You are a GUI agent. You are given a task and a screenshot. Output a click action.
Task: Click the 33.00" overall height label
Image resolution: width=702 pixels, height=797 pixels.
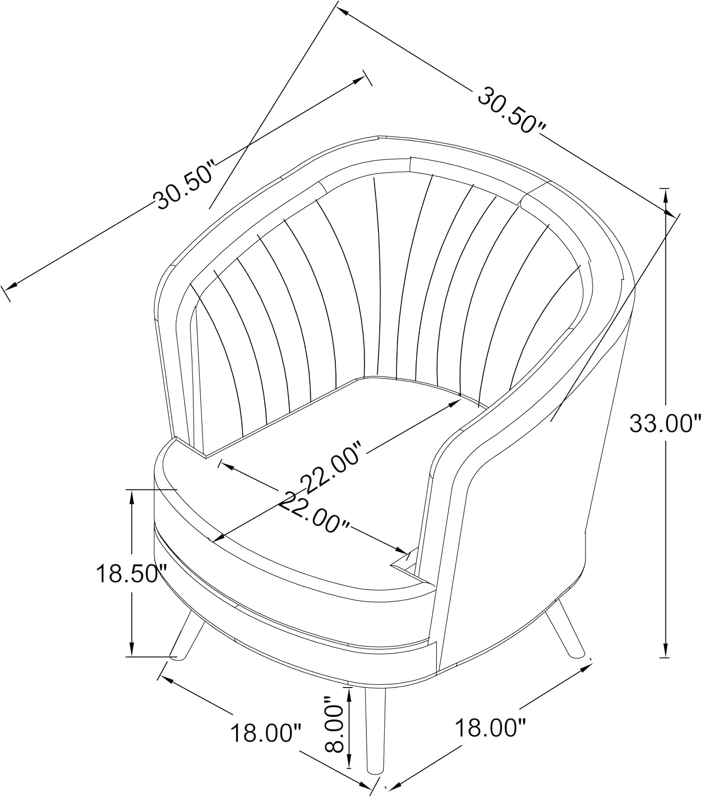click(x=660, y=423)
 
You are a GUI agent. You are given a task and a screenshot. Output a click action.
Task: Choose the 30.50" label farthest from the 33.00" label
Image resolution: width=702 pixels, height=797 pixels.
click(x=185, y=184)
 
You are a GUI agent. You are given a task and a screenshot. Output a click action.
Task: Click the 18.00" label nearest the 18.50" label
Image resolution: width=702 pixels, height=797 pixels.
click(x=266, y=733)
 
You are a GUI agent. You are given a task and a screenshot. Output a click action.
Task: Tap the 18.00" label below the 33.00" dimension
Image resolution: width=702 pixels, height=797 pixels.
click(x=490, y=728)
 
